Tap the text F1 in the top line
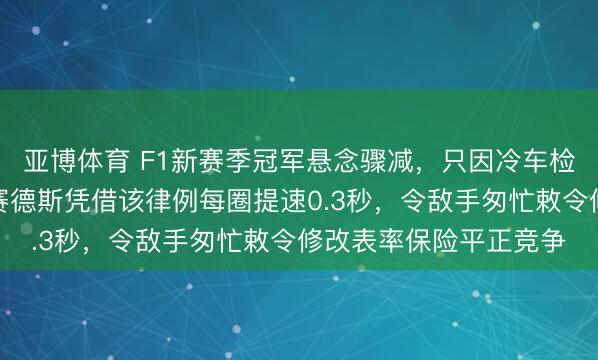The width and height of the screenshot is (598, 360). tap(149, 160)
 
